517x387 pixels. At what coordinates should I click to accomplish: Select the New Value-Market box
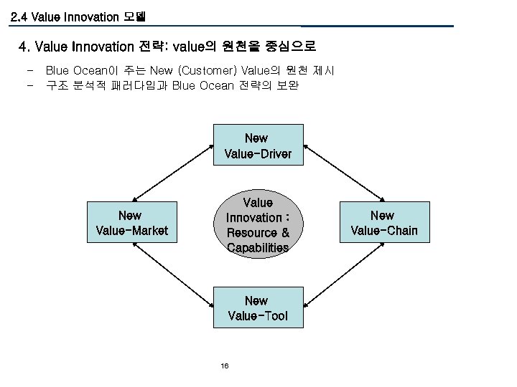[131, 223]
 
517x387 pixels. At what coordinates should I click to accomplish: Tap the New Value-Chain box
[382, 223]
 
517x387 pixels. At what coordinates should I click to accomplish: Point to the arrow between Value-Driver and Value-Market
[172, 171]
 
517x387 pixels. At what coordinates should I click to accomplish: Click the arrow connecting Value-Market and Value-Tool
[172, 276]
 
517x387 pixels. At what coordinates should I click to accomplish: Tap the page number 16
[225, 366]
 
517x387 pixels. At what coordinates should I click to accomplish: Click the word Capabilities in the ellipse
[258, 248]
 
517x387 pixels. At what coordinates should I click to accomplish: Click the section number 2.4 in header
[19, 16]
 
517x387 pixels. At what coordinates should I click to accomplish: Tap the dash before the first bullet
[28, 71]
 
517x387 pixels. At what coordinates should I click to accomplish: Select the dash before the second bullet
[28, 86]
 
